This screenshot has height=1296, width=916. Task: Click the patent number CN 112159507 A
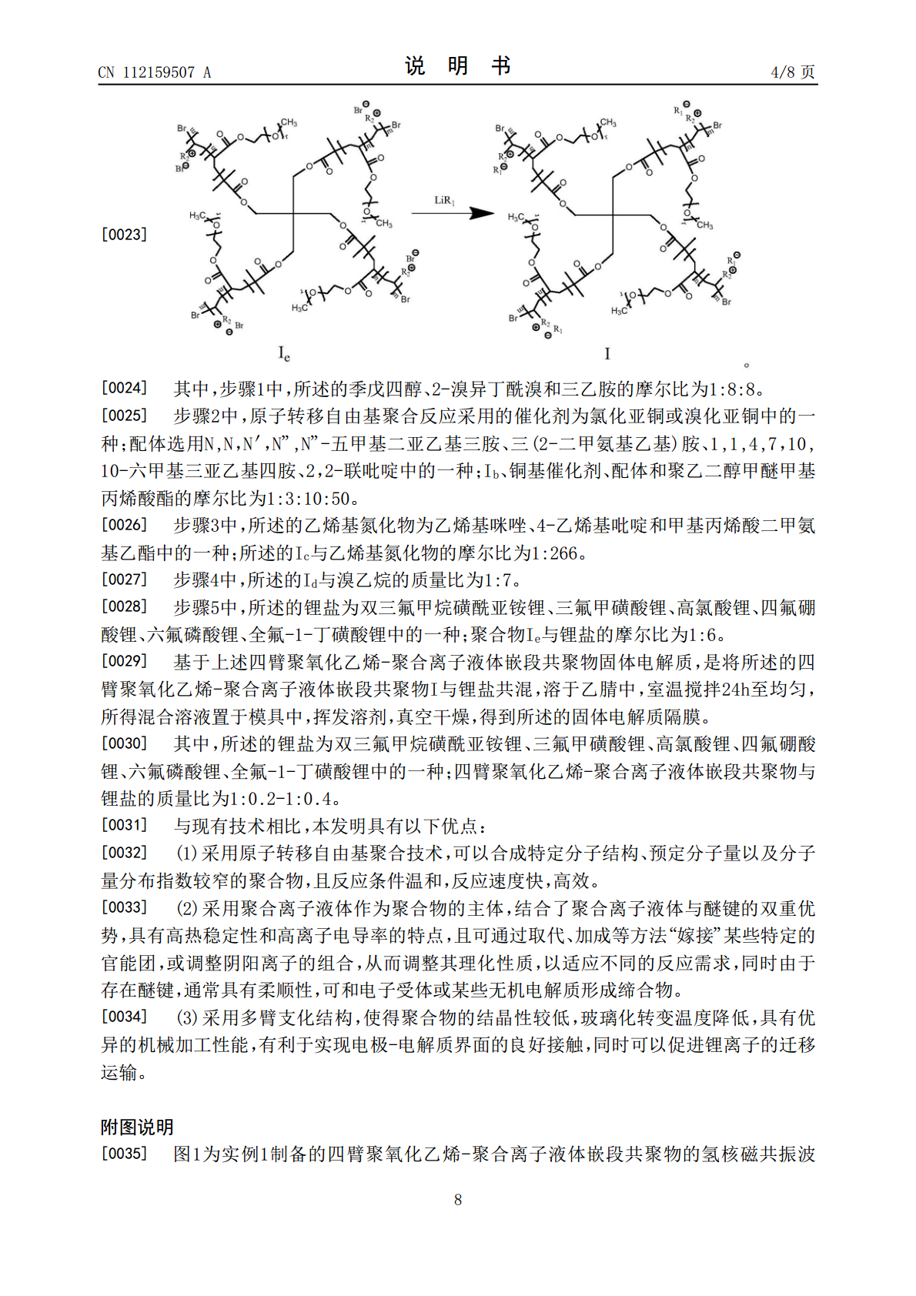point(154,72)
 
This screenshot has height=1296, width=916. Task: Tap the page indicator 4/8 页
point(792,72)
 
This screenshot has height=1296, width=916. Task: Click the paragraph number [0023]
point(124,234)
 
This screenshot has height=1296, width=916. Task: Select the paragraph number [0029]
point(124,661)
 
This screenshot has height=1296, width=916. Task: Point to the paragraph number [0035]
point(124,1153)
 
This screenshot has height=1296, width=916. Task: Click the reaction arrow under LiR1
point(452,213)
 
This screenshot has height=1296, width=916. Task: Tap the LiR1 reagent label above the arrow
point(445,201)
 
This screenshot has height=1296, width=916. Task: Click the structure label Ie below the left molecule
point(284,354)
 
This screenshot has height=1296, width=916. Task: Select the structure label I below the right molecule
point(607,353)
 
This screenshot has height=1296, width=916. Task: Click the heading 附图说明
point(137,1127)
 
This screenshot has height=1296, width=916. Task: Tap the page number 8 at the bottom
point(458,1199)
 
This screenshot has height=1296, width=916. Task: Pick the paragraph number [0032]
point(124,852)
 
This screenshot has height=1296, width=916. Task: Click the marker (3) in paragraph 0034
point(186,1017)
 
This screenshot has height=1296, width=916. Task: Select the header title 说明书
point(458,66)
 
